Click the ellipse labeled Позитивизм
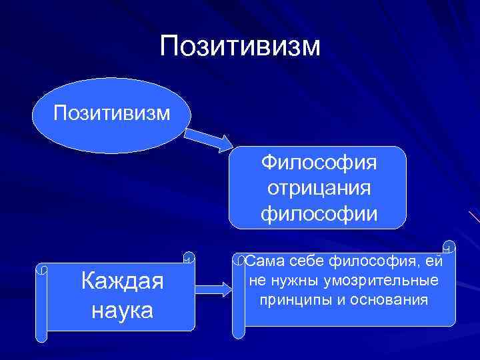[x=111, y=111]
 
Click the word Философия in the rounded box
[x=319, y=162]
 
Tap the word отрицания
[x=319, y=188]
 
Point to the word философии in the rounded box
[x=319, y=214]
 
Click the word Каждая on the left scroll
[x=121, y=281]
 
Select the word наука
[x=121, y=309]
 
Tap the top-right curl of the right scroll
[x=449, y=247]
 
